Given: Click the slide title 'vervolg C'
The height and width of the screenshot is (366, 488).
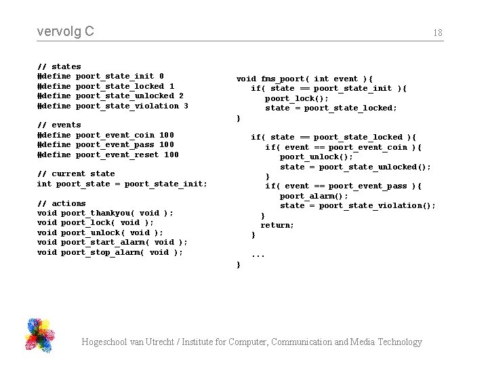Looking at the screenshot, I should [x=66, y=31].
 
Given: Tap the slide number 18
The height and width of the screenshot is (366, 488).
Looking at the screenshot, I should [x=438, y=33].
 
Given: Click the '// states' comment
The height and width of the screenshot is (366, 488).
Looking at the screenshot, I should [x=59, y=66].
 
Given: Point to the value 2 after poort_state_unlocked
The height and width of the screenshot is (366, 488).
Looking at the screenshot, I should [x=181, y=96].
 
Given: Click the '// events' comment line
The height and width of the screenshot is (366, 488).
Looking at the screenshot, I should [x=59, y=125].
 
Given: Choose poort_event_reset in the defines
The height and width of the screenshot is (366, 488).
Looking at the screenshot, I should [x=117, y=155].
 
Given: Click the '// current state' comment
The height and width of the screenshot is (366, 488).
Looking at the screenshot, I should [x=76, y=174].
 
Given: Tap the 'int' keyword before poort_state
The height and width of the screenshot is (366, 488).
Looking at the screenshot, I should [x=44, y=184].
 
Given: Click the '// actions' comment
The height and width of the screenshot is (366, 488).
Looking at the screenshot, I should [x=62, y=203].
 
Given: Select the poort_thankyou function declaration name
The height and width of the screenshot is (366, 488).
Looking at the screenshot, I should [x=93, y=213].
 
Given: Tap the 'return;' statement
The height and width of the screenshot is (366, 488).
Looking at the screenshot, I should [x=277, y=225].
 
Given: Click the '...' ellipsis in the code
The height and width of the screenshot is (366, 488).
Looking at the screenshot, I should [x=258, y=255].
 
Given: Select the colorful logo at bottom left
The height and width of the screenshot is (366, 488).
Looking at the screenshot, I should [x=39, y=335].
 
